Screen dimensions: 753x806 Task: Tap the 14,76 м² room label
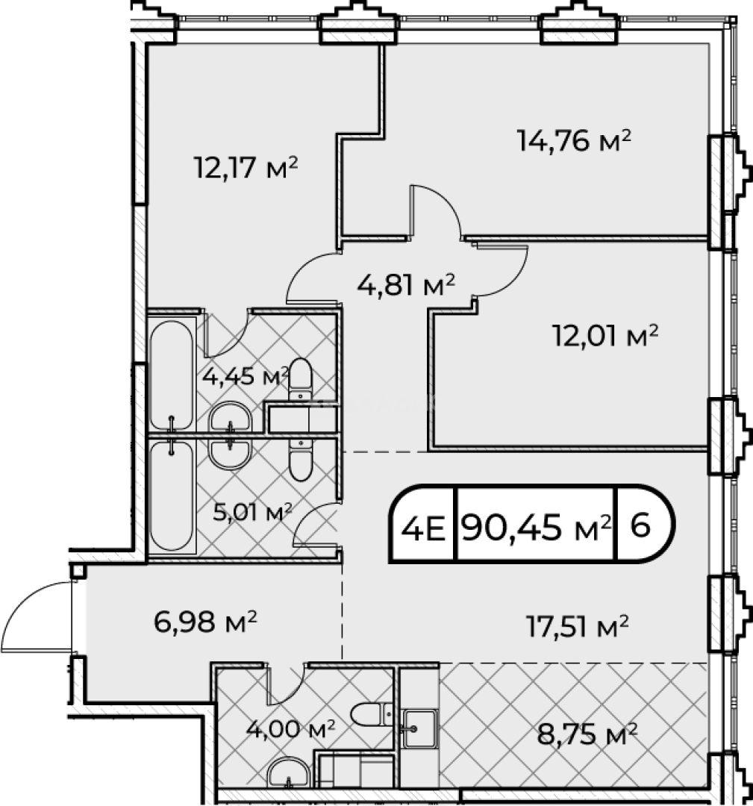coord(574,141)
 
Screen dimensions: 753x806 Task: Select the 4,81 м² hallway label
coord(406,285)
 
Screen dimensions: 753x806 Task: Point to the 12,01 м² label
coord(605,336)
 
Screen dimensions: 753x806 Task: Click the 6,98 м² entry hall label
coord(205,622)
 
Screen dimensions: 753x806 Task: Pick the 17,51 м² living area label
coord(577,626)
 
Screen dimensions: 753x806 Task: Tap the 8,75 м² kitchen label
coord(587,734)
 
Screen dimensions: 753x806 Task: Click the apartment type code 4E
coord(422,528)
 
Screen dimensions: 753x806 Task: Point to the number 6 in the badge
coord(640,525)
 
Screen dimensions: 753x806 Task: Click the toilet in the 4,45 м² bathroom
coord(300,380)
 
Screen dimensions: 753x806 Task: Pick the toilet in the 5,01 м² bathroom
coord(300,459)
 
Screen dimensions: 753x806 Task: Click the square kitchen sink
coord(419,728)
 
